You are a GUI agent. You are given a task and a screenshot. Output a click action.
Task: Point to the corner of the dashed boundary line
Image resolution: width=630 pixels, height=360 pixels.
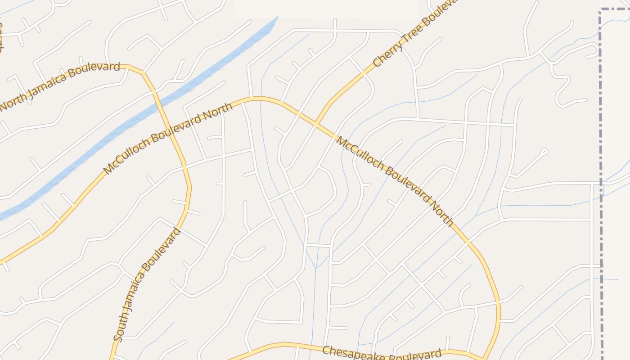point(601,9)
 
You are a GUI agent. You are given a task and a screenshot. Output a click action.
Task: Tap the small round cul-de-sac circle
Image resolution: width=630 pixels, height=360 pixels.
point(544,152)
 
